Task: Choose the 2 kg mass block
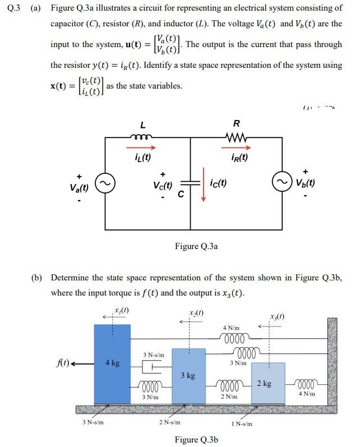coord(268,383)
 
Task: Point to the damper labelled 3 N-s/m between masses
coord(150,366)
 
